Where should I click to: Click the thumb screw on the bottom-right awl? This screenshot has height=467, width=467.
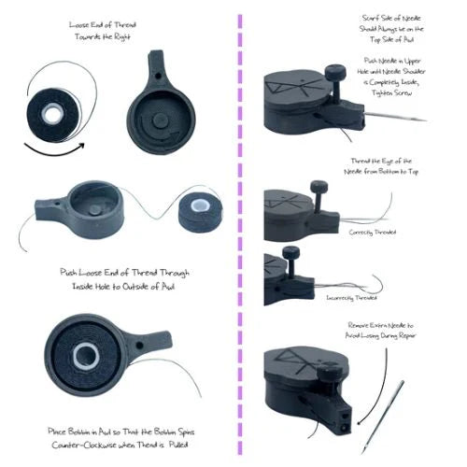tap(333, 363)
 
